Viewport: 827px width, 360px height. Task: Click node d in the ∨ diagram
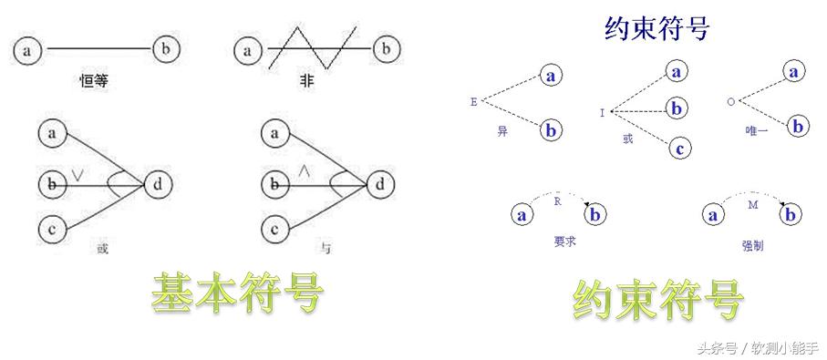158,185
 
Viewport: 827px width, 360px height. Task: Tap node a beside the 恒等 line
27,49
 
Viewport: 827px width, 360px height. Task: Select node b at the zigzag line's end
386,49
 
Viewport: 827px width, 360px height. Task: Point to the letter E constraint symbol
474,102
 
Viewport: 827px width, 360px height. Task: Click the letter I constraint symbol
602,113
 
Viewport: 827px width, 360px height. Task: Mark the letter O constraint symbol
730,102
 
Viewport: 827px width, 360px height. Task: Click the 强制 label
753,246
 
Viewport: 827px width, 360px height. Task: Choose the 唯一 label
756,131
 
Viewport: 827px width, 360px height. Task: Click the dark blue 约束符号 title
656,28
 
